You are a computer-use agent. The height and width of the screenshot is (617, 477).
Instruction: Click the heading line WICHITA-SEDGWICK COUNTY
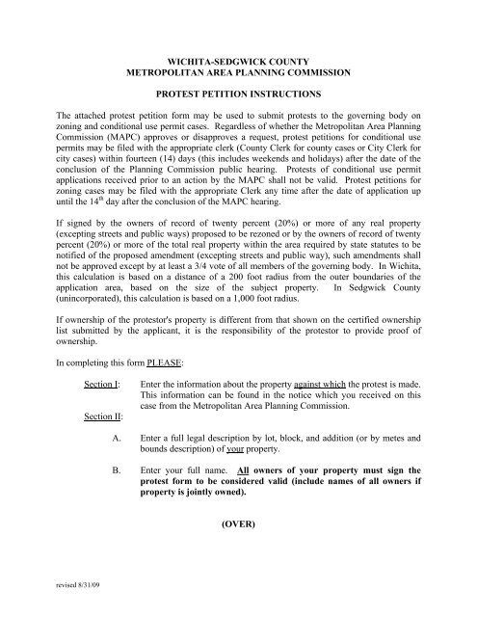[237, 60]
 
